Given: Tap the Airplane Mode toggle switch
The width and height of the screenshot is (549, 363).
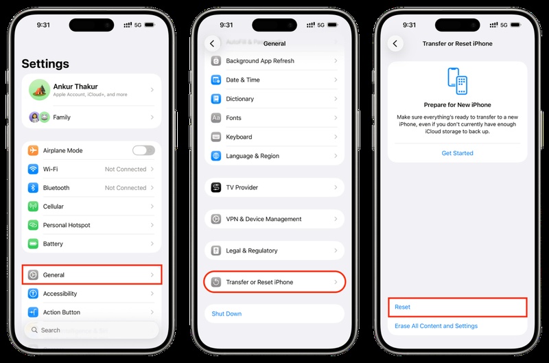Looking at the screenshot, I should (x=143, y=150).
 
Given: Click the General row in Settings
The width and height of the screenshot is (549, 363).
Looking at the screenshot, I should (x=92, y=275).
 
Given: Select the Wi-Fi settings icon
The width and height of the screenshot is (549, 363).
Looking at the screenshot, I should (x=33, y=169).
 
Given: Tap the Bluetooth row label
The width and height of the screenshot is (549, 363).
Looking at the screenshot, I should (x=56, y=187).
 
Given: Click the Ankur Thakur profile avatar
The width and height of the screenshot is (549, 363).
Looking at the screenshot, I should (x=38, y=89).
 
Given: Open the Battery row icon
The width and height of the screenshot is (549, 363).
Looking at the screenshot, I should (x=33, y=244).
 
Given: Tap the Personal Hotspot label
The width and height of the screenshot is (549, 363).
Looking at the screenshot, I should (x=67, y=225).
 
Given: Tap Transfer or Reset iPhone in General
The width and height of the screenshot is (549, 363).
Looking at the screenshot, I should (x=274, y=282).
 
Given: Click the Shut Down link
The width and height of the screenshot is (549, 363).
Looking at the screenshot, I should (x=226, y=314).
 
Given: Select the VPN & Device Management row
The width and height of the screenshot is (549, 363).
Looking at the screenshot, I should (x=274, y=219).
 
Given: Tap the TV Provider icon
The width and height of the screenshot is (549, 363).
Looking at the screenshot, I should (x=216, y=187).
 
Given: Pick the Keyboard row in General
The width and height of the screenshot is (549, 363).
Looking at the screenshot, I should (x=274, y=137).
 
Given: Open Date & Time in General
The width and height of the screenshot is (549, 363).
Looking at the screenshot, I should (x=274, y=80).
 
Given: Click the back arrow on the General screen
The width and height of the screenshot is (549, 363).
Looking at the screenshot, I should (x=212, y=43).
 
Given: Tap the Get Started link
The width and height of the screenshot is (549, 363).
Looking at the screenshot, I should (x=457, y=153).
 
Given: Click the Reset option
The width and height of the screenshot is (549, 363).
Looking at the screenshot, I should (x=457, y=307).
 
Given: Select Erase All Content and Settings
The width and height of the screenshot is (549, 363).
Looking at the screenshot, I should (x=436, y=326).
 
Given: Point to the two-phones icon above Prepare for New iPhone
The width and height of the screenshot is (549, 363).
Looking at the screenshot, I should (x=457, y=81).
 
